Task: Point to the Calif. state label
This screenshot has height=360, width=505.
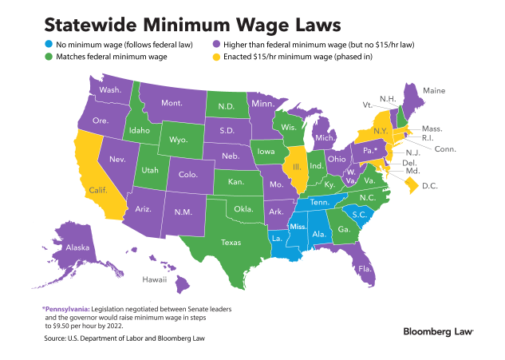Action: [99, 190]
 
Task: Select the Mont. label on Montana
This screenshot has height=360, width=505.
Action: [172, 104]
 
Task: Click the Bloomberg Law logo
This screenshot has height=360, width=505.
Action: [438, 330]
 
